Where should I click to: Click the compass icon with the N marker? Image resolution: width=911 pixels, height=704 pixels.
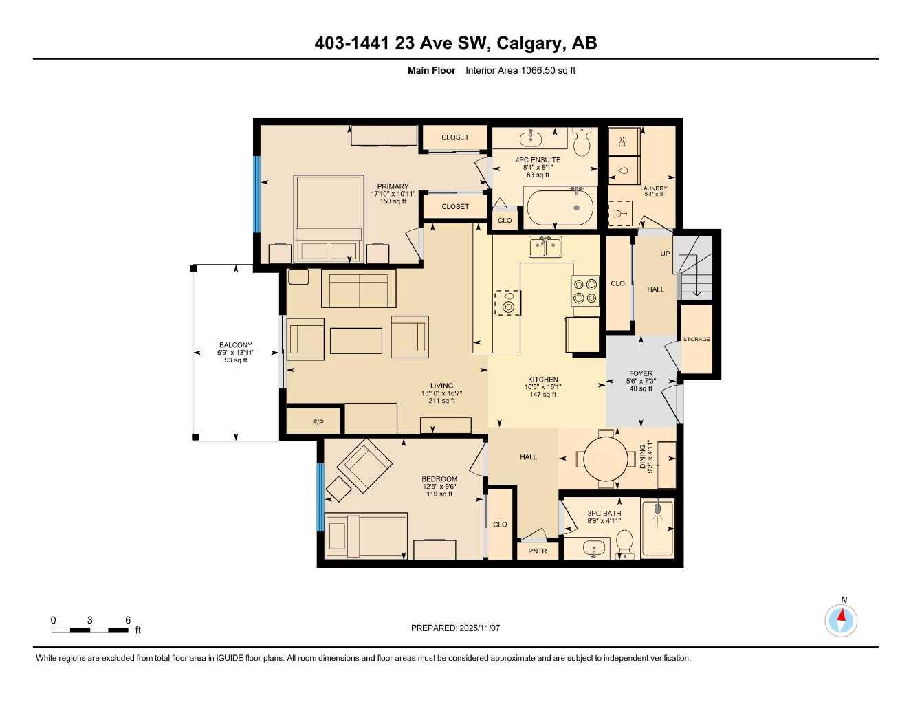pyautogui.click(x=841, y=620)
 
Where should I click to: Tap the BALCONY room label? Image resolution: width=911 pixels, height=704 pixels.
pyautogui.click(x=235, y=345)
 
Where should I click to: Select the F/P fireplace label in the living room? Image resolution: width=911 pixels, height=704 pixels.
pyautogui.click(x=318, y=422)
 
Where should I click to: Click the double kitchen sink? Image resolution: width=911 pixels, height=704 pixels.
pyautogui.click(x=545, y=246)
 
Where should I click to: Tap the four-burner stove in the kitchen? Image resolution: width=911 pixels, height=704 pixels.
pyautogui.click(x=584, y=290)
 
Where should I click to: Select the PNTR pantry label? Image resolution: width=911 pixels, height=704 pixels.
pyautogui.click(x=538, y=551)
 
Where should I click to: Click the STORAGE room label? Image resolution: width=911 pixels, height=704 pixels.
pyautogui.click(x=696, y=339)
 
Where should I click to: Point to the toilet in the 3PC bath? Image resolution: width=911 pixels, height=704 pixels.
pyautogui.click(x=624, y=542)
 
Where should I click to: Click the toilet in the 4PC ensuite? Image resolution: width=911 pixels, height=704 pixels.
pyautogui.click(x=582, y=143)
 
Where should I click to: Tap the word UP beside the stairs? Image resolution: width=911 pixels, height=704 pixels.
pyautogui.click(x=665, y=254)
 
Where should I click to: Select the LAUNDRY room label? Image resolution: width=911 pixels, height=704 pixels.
pyautogui.click(x=653, y=188)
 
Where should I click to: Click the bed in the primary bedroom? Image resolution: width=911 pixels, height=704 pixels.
pyautogui.click(x=329, y=218)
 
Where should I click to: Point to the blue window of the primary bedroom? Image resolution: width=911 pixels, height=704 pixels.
pyautogui.click(x=257, y=195)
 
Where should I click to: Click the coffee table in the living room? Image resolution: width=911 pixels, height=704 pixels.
pyautogui.click(x=356, y=340)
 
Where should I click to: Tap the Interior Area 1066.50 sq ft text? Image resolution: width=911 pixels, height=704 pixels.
pyautogui.click(x=520, y=70)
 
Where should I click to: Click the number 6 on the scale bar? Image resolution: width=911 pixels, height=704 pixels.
pyautogui.click(x=128, y=620)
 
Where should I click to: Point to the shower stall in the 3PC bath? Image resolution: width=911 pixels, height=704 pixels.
pyautogui.click(x=657, y=528)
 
